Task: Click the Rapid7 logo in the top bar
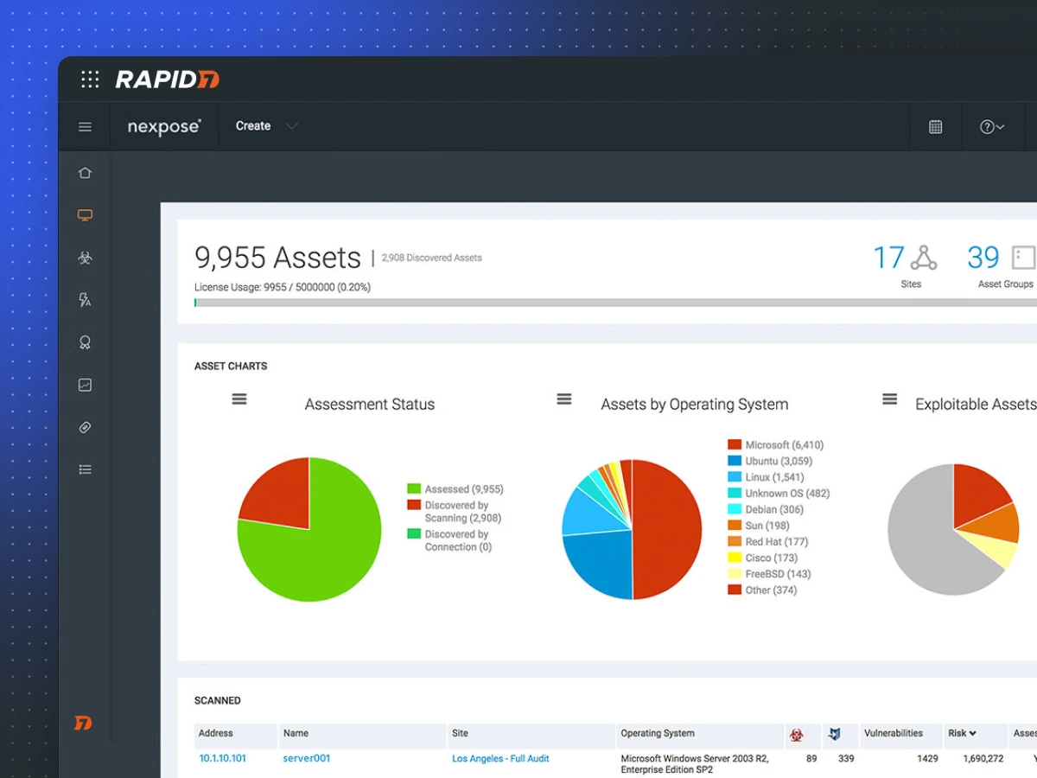(x=167, y=80)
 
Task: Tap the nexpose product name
(x=164, y=126)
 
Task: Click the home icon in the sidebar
(x=85, y=173)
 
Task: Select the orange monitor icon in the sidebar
(x=85, y=215)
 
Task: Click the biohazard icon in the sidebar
(x=85, y=258)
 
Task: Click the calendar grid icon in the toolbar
(x=935, y=127)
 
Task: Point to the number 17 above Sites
(x=887, y=258)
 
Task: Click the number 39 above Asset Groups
(x=983, y=258)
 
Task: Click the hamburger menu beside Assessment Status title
(x=239, y=399)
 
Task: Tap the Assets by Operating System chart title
(x=694, y=405)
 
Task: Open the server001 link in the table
(x=307, y=758)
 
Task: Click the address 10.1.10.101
(x=222, y=758)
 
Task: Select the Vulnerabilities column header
(x=894, y=733)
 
